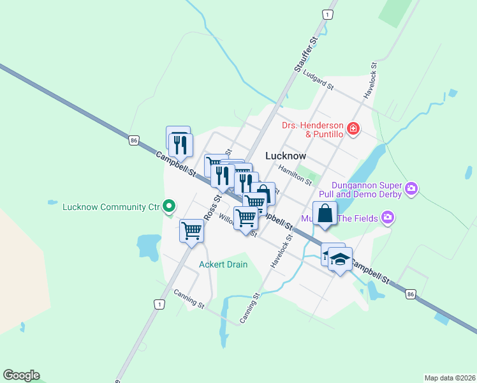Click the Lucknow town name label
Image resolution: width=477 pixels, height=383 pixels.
285,156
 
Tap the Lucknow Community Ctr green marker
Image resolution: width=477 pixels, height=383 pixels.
169,206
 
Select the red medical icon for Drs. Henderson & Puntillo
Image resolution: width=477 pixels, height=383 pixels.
353,130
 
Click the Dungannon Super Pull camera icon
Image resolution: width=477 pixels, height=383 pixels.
411,188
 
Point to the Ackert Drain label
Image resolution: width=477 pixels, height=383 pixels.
223,264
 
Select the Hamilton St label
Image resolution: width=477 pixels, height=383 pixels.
295,173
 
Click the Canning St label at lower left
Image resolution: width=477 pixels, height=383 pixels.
189,298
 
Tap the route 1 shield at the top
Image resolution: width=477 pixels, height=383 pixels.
327,14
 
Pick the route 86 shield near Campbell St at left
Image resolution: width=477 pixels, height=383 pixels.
133,140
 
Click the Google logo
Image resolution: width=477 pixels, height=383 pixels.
21,375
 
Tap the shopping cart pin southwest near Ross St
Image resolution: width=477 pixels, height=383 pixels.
192,230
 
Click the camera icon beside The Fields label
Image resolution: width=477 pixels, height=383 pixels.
388,218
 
